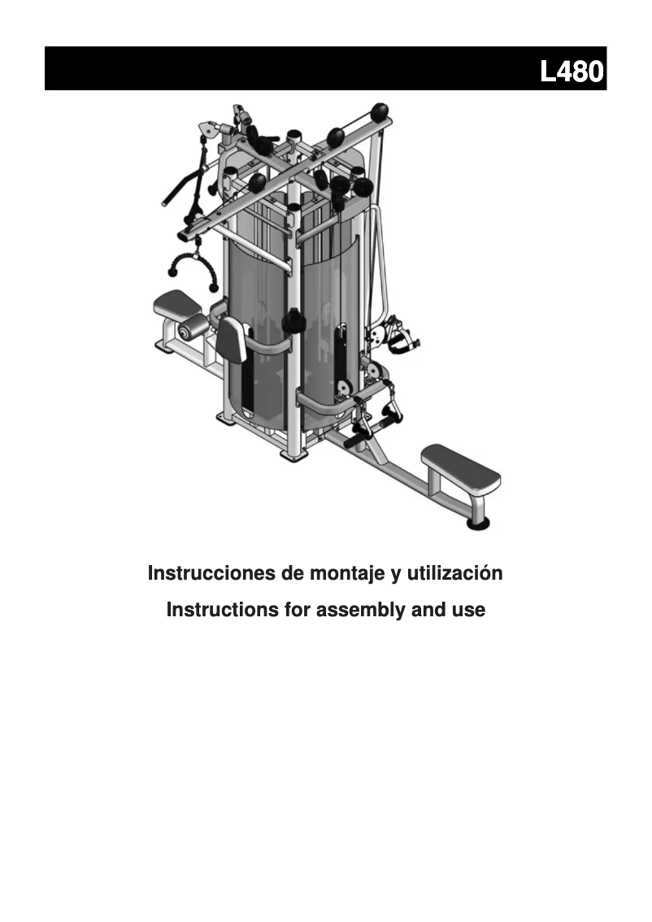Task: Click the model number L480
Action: (572, 72)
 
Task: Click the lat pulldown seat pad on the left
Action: (178, 303)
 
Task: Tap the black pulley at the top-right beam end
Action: (380, 111)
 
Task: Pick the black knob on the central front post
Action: (292, 320)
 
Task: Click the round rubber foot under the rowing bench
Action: (479, 522)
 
